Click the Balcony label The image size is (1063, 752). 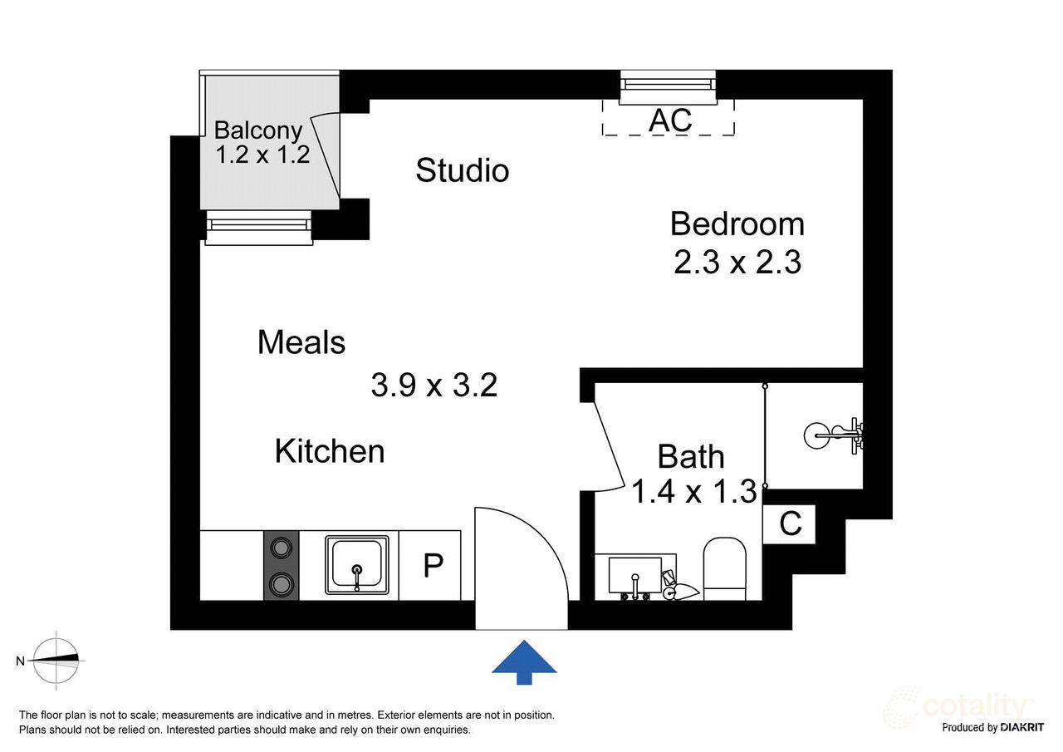258,130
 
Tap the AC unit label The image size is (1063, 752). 670,120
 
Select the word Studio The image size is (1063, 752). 463,170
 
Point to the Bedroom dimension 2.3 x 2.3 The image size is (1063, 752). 737,262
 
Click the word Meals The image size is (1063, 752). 301,342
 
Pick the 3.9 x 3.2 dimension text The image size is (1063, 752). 434,385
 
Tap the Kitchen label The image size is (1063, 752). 330,451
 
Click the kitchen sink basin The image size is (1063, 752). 357,565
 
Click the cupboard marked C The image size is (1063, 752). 789,523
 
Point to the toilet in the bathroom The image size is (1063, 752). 725,568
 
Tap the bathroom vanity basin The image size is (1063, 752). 635,577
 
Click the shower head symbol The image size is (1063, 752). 833,435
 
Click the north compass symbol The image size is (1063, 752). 56,660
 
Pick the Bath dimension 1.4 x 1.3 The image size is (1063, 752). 694,491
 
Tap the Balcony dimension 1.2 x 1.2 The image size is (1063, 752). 262,155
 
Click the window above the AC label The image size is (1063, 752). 668,86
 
